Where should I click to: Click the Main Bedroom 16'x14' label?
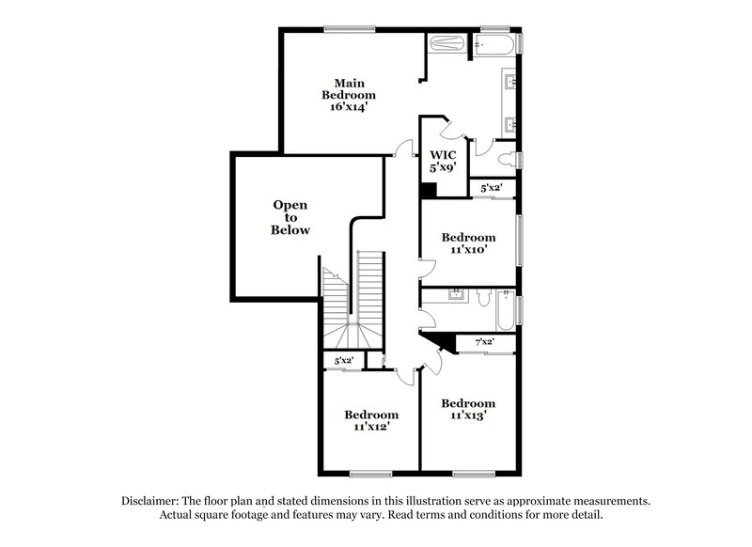(x=349, y=95)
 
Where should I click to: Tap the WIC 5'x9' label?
(x=443, y=161)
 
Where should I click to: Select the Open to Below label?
(x=290, y=217)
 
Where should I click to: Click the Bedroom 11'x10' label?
(x=468, y=244)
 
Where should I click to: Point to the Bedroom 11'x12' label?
(x=370, y=420)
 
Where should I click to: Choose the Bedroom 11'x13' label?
(x=468, y=409)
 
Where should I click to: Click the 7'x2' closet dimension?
(x=484, y=342)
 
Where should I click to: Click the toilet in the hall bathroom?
(x=482, y=298)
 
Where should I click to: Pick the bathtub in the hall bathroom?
(x=506, y=311)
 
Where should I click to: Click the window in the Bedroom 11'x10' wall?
(x=519, y=242)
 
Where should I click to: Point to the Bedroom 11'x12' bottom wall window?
(x=370, y=473)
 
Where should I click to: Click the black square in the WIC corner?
(x=428, y=190)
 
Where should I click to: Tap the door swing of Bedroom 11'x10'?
(x=425, y=266)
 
